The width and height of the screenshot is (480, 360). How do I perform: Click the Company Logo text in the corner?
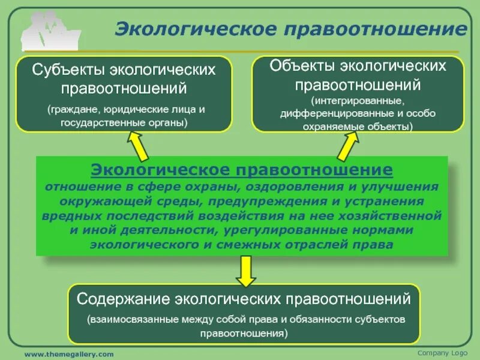click(442, 352)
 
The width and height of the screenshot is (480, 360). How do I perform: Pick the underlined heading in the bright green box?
click(242, 170)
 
